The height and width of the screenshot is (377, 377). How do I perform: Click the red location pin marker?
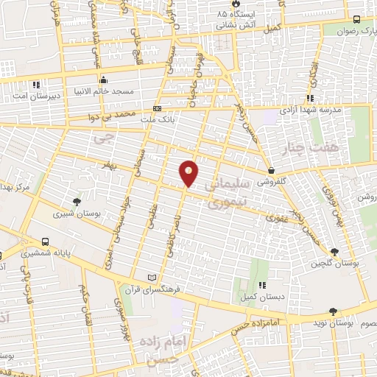(x=188, y=173)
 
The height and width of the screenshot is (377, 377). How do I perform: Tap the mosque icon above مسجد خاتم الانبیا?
(x=104, y=80)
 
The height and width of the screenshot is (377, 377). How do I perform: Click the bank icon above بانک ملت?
(x=156, y=108)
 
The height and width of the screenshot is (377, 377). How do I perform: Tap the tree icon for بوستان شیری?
(x=77, y=202)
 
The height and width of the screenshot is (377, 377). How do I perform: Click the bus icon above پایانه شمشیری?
(x=46, y=242)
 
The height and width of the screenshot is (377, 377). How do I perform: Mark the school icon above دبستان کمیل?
(x=261, y=284)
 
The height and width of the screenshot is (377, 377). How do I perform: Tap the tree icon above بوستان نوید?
(x=335, y=312)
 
